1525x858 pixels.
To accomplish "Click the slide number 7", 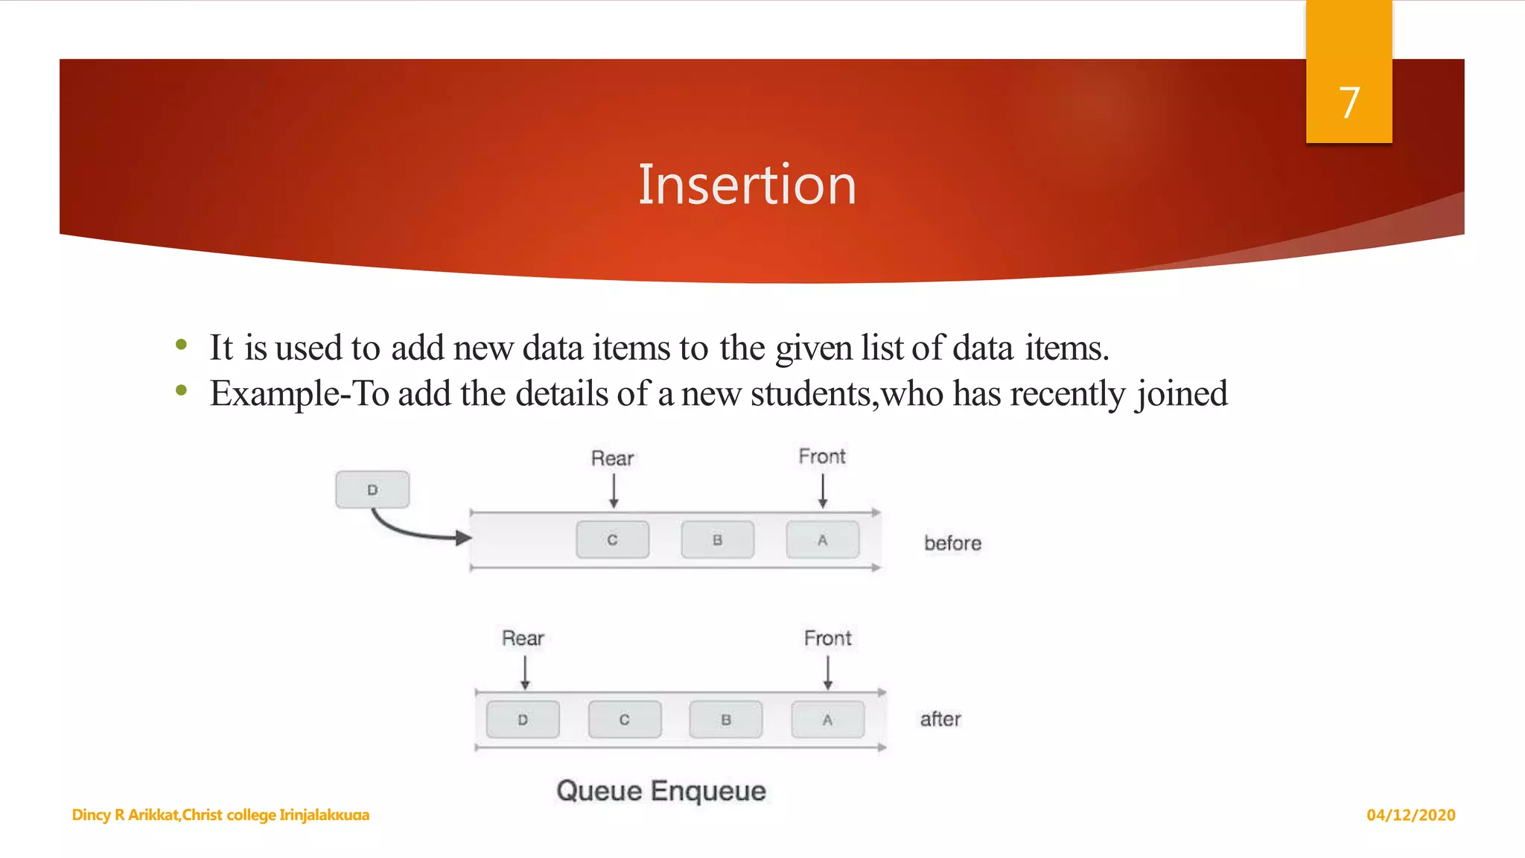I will click(1349, 102).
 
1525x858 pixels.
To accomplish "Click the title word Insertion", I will click(747, 185).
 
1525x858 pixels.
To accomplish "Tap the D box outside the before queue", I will click(372, 489).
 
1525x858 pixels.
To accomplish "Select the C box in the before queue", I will click(612, 540).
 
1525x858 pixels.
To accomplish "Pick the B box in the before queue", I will click(717, 540).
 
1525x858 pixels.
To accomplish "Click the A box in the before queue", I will click(822, 540).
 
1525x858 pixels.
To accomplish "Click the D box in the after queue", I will click(523, 719).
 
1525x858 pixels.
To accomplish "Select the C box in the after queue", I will click(624, 719).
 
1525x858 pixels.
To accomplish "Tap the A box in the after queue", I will click(827, 719).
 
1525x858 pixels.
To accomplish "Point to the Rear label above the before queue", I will click(612, 458).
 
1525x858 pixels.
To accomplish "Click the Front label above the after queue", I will click(827, 638).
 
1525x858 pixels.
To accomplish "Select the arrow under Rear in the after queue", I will click(525, 672).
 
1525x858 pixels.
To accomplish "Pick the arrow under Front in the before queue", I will click(823, 492).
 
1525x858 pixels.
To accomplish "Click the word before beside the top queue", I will click(952, 543).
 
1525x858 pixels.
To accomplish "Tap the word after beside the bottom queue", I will click(940, 719).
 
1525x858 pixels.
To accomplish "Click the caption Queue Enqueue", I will click(660, 790).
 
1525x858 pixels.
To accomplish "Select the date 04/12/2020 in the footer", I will click(1410, 815).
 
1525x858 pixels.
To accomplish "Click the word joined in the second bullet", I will click(1182, 394).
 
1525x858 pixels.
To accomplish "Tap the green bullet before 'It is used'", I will click(181, 344).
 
